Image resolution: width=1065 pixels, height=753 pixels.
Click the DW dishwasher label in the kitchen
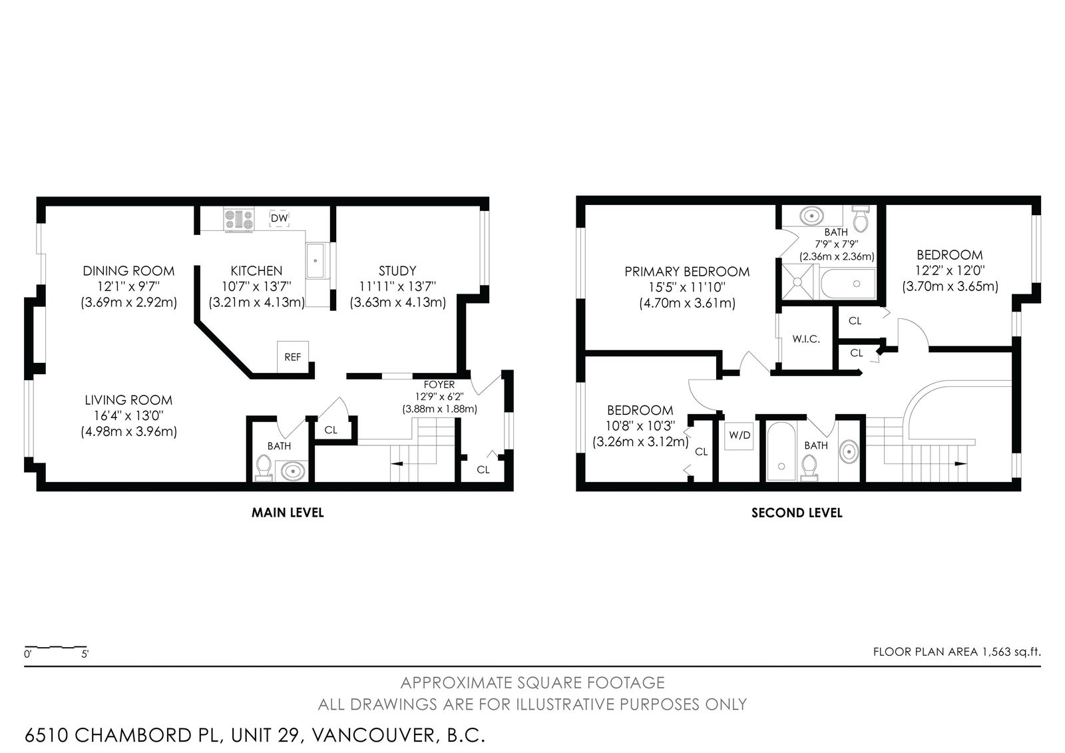[x=279, y=218]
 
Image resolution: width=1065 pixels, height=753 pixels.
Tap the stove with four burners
[x=239, y=219]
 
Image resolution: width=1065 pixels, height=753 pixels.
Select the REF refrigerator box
[x=293, y=357]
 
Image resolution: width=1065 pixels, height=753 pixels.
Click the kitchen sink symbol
[x=317, y=261]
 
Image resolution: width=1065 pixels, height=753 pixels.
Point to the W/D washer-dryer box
[x=740, y=435]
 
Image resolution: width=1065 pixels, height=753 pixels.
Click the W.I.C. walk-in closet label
[x=806, y=339]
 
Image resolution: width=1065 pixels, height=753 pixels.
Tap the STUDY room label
[x=397, y=271]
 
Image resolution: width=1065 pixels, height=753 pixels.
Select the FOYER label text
[x=439, y=384]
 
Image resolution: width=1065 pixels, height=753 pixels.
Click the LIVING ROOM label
[x=128, y=400]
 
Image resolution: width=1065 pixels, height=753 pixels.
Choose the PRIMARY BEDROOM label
[x=687, y=272]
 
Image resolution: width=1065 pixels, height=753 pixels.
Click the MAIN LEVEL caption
[x=288, y=512]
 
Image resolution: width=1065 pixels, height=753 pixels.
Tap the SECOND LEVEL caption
[x=797, y=513]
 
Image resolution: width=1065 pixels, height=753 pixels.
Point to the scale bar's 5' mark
[x=85, y=654]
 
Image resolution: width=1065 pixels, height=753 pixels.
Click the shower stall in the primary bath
[x=797, y=282]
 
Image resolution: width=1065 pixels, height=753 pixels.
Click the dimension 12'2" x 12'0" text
[x=950, y=270]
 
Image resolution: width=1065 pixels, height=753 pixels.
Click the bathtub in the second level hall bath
[x=781, y=451]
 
